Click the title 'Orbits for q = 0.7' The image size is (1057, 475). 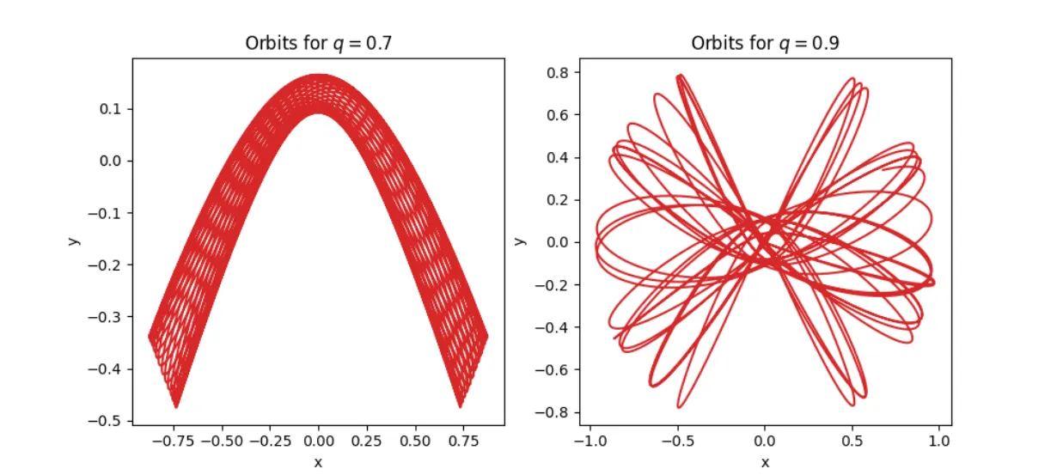(x=318, y=44)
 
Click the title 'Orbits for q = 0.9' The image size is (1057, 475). (x=764, y=44)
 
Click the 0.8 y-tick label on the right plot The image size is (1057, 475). (x=560, y=72)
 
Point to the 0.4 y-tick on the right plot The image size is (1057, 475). (x=560, y=157)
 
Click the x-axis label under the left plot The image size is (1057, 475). (x=318, y=461)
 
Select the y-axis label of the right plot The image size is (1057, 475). (x=519, y=241)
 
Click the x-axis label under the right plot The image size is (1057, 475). (x=765, y=461)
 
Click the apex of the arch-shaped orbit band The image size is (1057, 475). (x=318, y=76)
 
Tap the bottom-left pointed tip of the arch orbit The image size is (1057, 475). (x=177, y=406)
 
